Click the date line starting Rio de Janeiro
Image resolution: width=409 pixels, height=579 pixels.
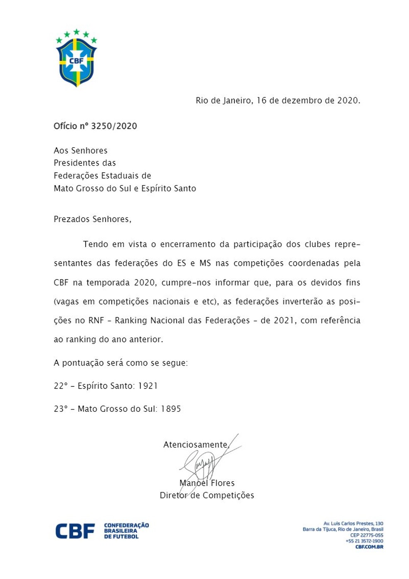coord(278,101)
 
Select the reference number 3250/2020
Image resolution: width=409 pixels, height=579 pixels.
coord(114,126)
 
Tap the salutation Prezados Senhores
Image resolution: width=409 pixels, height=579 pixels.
coord(92,219)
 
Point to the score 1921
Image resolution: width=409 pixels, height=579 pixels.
coord(148,386)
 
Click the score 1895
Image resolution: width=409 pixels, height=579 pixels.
coord(171,409)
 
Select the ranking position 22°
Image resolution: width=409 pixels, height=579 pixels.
coord(60,386)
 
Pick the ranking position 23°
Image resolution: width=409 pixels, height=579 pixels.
coord(60,409)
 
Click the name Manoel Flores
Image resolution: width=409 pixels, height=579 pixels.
coord(207,483)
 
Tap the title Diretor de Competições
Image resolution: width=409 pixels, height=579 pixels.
coord(207,495)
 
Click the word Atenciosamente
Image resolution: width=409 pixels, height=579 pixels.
coord(195,445)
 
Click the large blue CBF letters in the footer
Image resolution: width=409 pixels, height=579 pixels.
coord(75,531)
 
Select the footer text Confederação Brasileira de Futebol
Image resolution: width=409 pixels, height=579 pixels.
coord(126,531)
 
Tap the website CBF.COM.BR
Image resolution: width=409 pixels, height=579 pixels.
coord(369,547)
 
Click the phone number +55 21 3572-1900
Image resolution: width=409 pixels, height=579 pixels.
coord(364,541)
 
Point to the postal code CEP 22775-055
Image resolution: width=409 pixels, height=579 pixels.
coord(367,535)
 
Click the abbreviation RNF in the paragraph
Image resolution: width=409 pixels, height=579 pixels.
coord(96,321)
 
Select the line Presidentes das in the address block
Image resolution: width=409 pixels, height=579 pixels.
coord(85,163)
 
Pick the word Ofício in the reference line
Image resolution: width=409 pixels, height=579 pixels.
coord(65,126)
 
